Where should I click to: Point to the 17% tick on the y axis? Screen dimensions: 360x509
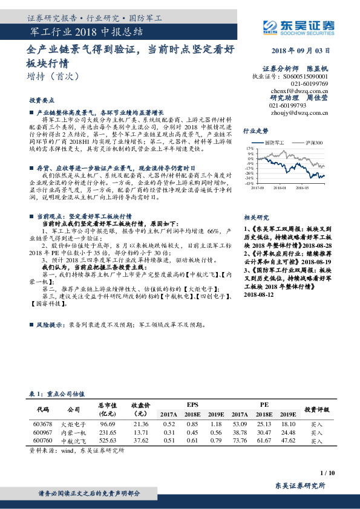point(249,147)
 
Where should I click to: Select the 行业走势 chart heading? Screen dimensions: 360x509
point(255,130)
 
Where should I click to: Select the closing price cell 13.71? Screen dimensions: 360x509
point(140,433)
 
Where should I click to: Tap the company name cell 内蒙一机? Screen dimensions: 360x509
point(74,433)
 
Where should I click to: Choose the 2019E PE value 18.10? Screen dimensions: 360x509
point(288,424)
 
